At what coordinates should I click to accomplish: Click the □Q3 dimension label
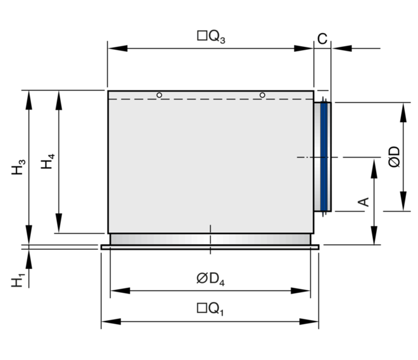212,37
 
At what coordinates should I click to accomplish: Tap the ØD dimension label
393,157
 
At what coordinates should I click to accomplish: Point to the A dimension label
364,202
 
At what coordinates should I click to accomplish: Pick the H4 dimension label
48,163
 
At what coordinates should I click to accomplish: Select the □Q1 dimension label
211,309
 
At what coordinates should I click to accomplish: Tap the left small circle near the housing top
160,95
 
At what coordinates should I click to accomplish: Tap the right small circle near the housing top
262,95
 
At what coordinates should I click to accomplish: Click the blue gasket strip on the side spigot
324,156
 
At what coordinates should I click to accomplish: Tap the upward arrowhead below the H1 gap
29,256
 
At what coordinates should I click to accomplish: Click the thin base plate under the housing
210,247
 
